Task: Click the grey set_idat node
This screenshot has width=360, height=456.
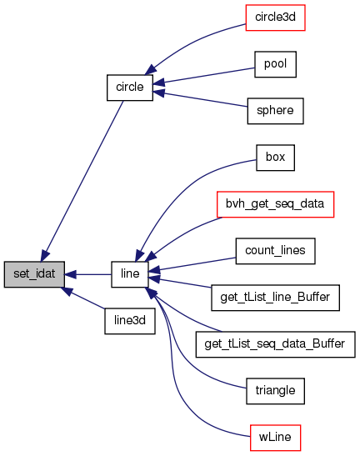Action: point(34,274)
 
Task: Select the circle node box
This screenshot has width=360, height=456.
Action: point(130,88)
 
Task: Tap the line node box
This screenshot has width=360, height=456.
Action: point(130,274)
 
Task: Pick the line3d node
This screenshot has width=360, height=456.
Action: point(130,321)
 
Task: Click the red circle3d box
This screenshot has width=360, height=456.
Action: point(275,18)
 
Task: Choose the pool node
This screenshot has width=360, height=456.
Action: point(275,64)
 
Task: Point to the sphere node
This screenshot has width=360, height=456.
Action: point(275,111)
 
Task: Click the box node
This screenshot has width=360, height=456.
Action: point(275,158)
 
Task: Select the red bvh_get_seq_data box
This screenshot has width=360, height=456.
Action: point(275,204)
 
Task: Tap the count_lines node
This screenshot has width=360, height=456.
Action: point(275,251)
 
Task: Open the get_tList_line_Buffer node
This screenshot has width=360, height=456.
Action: point(275,298)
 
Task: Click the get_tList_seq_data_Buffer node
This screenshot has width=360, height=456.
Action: point(275,344)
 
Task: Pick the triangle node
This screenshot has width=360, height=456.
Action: point(275,391)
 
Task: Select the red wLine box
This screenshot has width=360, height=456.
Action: point(275,438)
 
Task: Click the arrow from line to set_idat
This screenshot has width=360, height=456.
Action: point(87,274)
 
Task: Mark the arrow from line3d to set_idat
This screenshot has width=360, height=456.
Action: point(82,298)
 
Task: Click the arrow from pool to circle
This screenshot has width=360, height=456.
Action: point(203,76)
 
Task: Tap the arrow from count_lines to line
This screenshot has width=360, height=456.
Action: point(192,264)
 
